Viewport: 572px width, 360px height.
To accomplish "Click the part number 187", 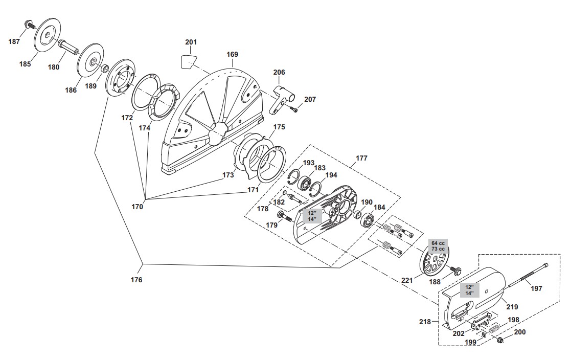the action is click(x=14, y=41).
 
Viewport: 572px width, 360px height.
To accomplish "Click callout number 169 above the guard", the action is click(x=232, y=54).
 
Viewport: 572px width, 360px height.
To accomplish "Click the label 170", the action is click(x=137, y=207).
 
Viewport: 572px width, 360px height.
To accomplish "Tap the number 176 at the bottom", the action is click(x=136, y=280).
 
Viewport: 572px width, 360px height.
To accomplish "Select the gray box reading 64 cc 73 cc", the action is click(x=438, y=246).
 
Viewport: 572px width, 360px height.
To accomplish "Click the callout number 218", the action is click(x=425, y=322).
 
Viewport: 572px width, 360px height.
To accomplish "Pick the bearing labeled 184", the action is click(x=368, y=220).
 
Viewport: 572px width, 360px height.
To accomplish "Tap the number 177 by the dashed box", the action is click(x=361, y=158).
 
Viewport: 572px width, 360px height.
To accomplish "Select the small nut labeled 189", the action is click(x=104, y=68).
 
